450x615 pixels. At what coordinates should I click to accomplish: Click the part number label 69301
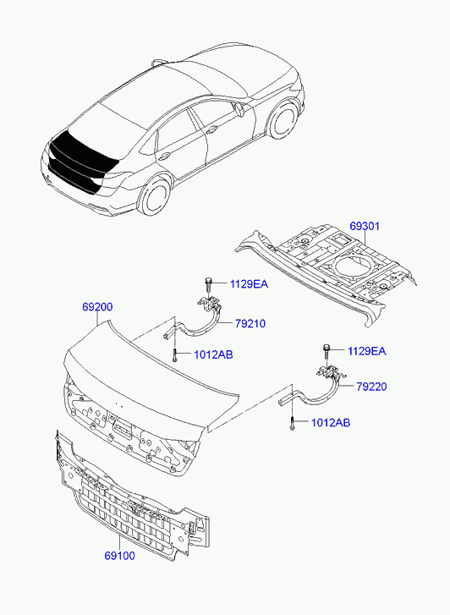click(x=365, y=227)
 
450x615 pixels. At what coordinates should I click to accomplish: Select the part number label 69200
click(x=97, y=307)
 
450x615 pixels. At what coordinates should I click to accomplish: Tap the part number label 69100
click(x=119, y=556)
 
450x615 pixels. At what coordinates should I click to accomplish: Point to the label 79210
click(x=250, y=324)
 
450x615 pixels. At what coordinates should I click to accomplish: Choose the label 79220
click(x=371, y=387)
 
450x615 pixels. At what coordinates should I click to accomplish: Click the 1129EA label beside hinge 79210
click(x=249, y=284)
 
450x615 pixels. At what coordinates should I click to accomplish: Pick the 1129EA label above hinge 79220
click(x=366, y=351)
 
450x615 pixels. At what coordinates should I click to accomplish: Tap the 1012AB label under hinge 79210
click(x=213, y=355)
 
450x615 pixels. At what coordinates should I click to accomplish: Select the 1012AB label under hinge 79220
click(x=331, y=423)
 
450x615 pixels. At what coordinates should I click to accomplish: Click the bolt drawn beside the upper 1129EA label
click(x=208, y=284)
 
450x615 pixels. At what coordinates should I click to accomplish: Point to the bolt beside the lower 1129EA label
click(x=326, y=351)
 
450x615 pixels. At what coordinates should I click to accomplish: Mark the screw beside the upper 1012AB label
click(x=174, y=355)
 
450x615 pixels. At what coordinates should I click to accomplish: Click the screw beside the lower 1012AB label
click(x=293, y=423)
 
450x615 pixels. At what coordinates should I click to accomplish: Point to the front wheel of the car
click(x=283, y=118)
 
